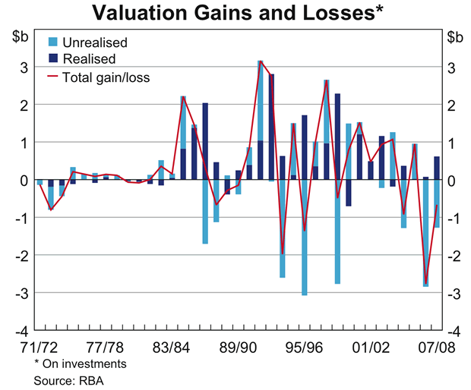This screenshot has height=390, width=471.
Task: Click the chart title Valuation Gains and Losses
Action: coord(236,13)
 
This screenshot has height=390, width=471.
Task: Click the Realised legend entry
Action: coord(90,58)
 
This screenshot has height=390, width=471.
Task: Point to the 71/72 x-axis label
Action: coord(39,347)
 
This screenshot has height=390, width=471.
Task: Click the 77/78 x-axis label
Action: coord(105,347)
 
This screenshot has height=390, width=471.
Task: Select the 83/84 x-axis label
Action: coord(172,347)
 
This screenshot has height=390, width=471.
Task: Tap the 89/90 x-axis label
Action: coord(238,347)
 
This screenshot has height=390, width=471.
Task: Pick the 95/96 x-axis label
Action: coord(304,347)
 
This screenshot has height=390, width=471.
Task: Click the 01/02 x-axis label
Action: coord(370,347)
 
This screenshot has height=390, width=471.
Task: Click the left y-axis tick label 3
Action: coord(24,68)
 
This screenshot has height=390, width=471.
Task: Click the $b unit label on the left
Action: coord(21,36)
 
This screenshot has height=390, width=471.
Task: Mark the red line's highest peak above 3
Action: coord(260,61)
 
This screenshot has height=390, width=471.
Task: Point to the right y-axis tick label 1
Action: coord(454,143)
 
